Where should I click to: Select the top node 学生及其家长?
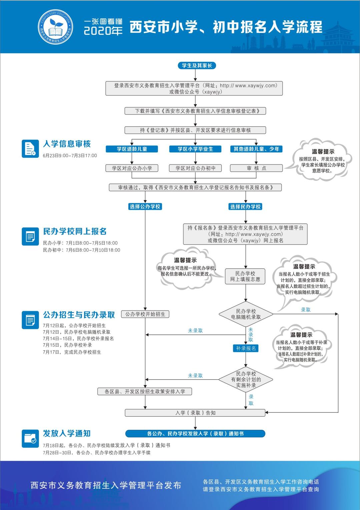[x=197, y=65]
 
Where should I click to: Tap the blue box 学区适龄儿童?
[x=132, y=149]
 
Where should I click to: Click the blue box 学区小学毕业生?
[x=195, y=149]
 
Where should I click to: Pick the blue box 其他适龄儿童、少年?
[x=256, y=149]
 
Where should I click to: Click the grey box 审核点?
[x=256, y=168]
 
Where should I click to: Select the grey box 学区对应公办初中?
[x=195, y=168]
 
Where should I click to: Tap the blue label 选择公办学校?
[x=145, y=206]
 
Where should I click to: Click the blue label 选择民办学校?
[x=245, y=206]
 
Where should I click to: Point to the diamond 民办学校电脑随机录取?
[x=246, y=314]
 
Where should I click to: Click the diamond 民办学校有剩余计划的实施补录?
[x=246, y=379]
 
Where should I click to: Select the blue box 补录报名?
[x=246, y=348]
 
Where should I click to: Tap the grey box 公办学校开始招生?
[x=145, y=314]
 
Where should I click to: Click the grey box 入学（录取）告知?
[x=195, y=413]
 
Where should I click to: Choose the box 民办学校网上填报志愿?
[x=245, y=276]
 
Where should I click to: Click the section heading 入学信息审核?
[x=67, y=144]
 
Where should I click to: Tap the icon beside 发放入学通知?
[x=30, y=438]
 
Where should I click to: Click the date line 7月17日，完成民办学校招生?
[x=72, y=352]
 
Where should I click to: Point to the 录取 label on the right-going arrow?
[x=305, y=310]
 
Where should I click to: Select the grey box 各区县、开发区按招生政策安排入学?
[x=145, y=391]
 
